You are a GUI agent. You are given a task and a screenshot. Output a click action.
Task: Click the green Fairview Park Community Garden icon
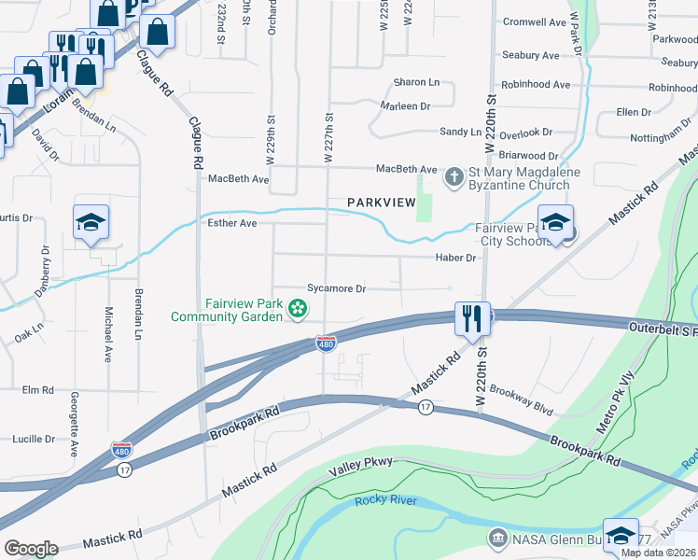pos(298,308)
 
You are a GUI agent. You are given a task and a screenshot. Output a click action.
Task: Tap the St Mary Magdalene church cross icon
pos(454,176)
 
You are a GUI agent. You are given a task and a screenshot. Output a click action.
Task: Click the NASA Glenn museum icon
pos(497,539)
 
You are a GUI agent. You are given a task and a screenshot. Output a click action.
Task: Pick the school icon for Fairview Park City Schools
pos(555,224)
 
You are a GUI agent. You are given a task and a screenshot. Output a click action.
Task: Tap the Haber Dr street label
pos(454,258)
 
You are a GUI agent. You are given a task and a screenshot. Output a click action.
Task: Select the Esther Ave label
pos(231,224)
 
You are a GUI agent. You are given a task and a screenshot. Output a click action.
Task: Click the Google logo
pos(31,548)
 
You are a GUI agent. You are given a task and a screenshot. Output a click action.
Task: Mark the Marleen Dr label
pos(405,106)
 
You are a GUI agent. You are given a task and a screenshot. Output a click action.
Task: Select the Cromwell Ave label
pos(535,21)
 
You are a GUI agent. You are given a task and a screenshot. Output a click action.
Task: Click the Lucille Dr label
pos(34,439)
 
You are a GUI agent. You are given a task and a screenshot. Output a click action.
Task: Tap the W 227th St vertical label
pos(328,138)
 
